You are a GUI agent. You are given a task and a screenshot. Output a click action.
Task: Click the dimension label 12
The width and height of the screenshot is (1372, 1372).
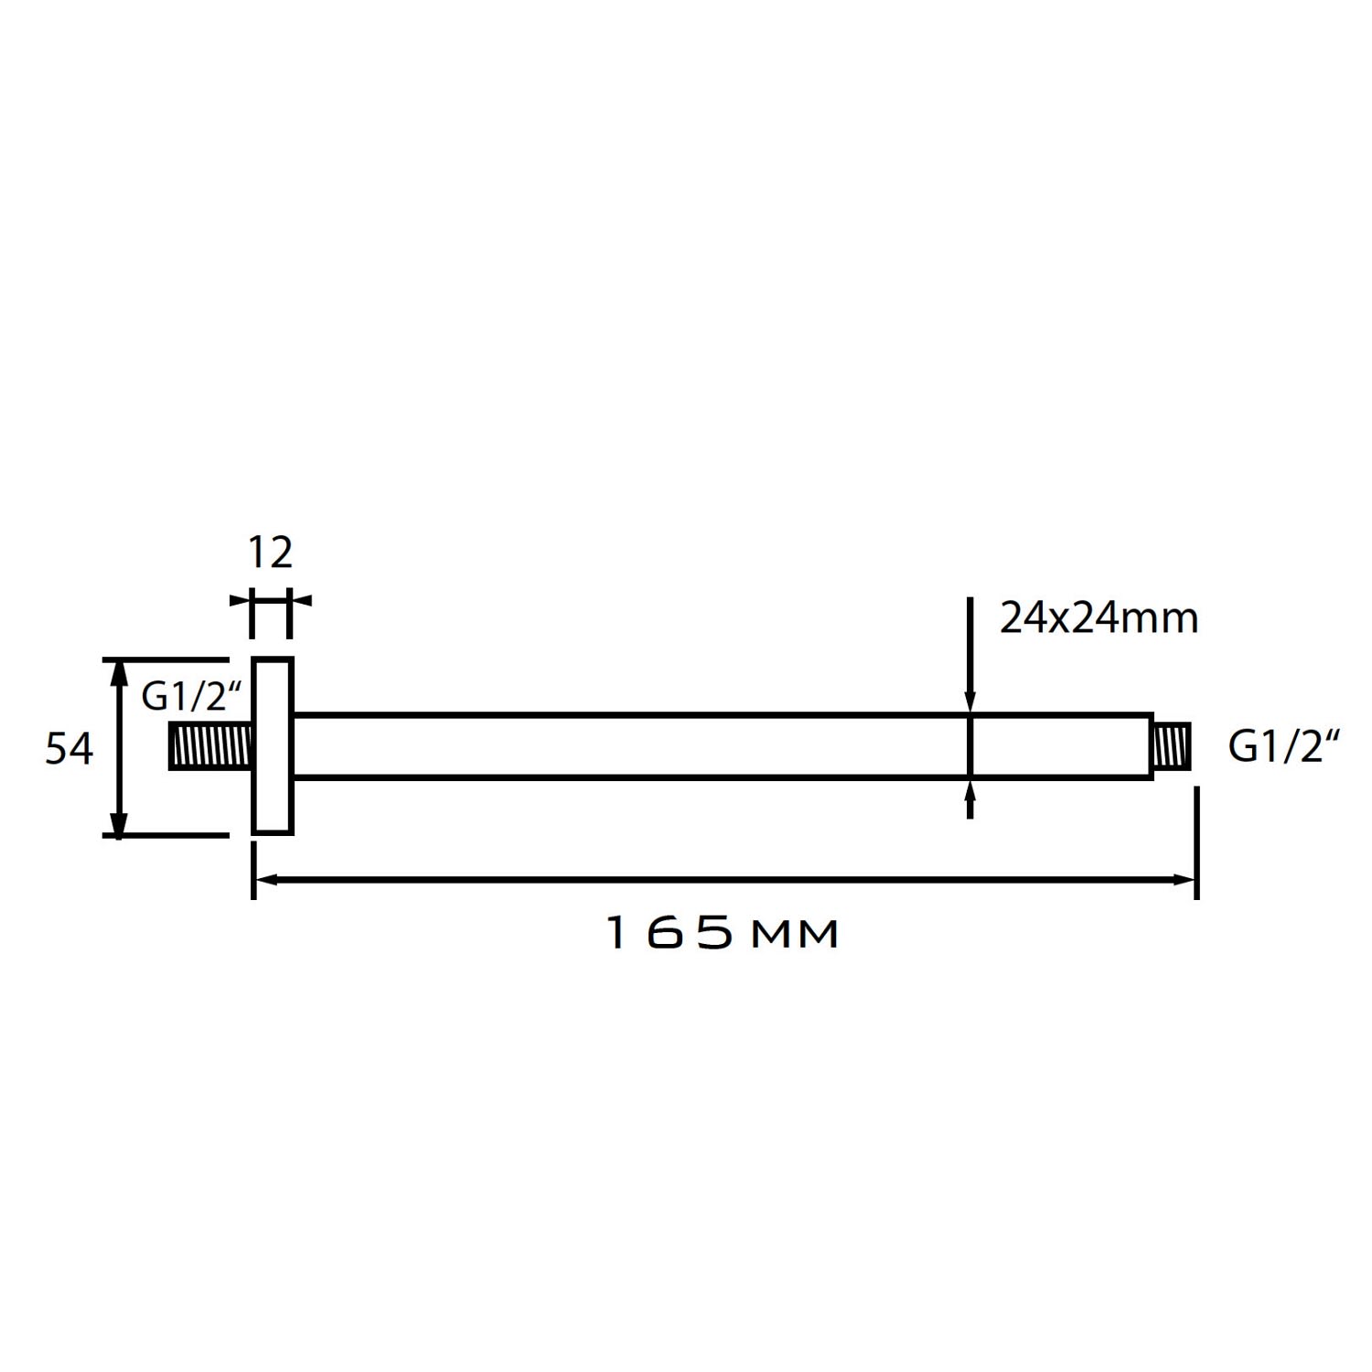tap(271, 552)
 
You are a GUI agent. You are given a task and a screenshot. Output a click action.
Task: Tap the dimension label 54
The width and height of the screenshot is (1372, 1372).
tap(70, 749)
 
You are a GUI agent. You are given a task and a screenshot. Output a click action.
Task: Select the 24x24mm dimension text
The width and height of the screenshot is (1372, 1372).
tap(1099, 618)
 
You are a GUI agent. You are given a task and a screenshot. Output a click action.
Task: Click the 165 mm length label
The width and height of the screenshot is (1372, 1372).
tap(723, 934)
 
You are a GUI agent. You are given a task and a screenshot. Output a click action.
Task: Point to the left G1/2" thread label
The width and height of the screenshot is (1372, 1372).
tap(191, 697)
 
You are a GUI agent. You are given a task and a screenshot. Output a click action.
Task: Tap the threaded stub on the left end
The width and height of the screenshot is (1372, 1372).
tap(210, 745)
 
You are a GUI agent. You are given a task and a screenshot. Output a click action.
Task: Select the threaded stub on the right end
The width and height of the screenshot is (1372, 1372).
tap(1172, 745)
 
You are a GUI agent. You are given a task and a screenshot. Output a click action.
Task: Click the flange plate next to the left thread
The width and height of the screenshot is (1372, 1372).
tap(273, 745)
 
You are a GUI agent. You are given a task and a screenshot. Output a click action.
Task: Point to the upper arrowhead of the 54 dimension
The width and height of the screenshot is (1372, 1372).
tap(117, 671)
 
